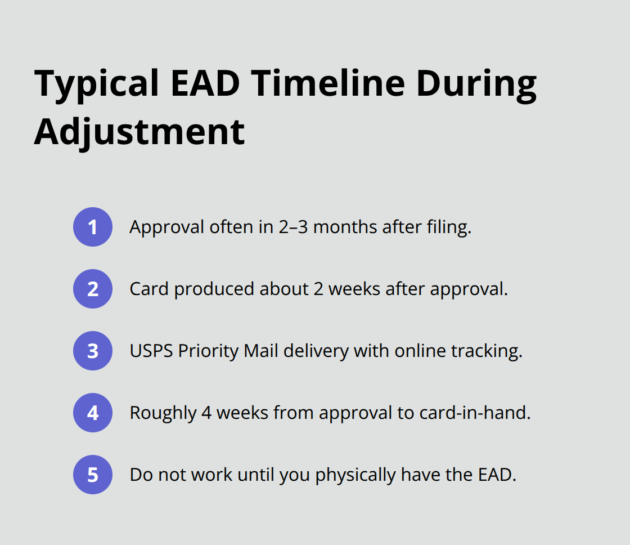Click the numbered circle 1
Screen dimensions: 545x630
[93, 227]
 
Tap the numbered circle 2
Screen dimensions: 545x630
[93, 289]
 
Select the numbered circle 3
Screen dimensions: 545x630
[93, 351]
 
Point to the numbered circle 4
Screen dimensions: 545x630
[93, 413]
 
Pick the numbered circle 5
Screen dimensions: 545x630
[93, 475]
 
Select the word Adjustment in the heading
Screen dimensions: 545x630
[139, 132]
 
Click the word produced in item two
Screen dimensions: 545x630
[214, 289]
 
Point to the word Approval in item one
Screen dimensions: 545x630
[166, 227]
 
